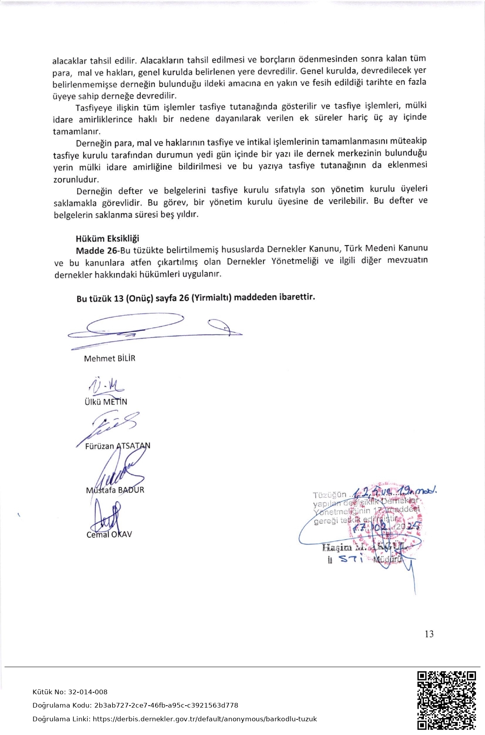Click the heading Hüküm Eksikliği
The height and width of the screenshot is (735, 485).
tap(107, 238)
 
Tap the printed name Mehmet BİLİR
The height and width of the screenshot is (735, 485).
tap(110, 358)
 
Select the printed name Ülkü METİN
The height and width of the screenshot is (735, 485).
tap(106, 402)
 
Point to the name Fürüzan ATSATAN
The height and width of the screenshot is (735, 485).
tap(117, 446)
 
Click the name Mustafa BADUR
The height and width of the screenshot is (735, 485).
tap(115, 490)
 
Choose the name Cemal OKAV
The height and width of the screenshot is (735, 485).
tap(109, 534)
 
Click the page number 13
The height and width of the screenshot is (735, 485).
tap(429, 634)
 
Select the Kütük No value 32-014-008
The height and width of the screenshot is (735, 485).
tap(88, 692)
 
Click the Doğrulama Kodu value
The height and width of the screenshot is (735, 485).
tap(166, 705)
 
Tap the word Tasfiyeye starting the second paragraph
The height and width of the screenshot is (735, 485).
tap(94, 108)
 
